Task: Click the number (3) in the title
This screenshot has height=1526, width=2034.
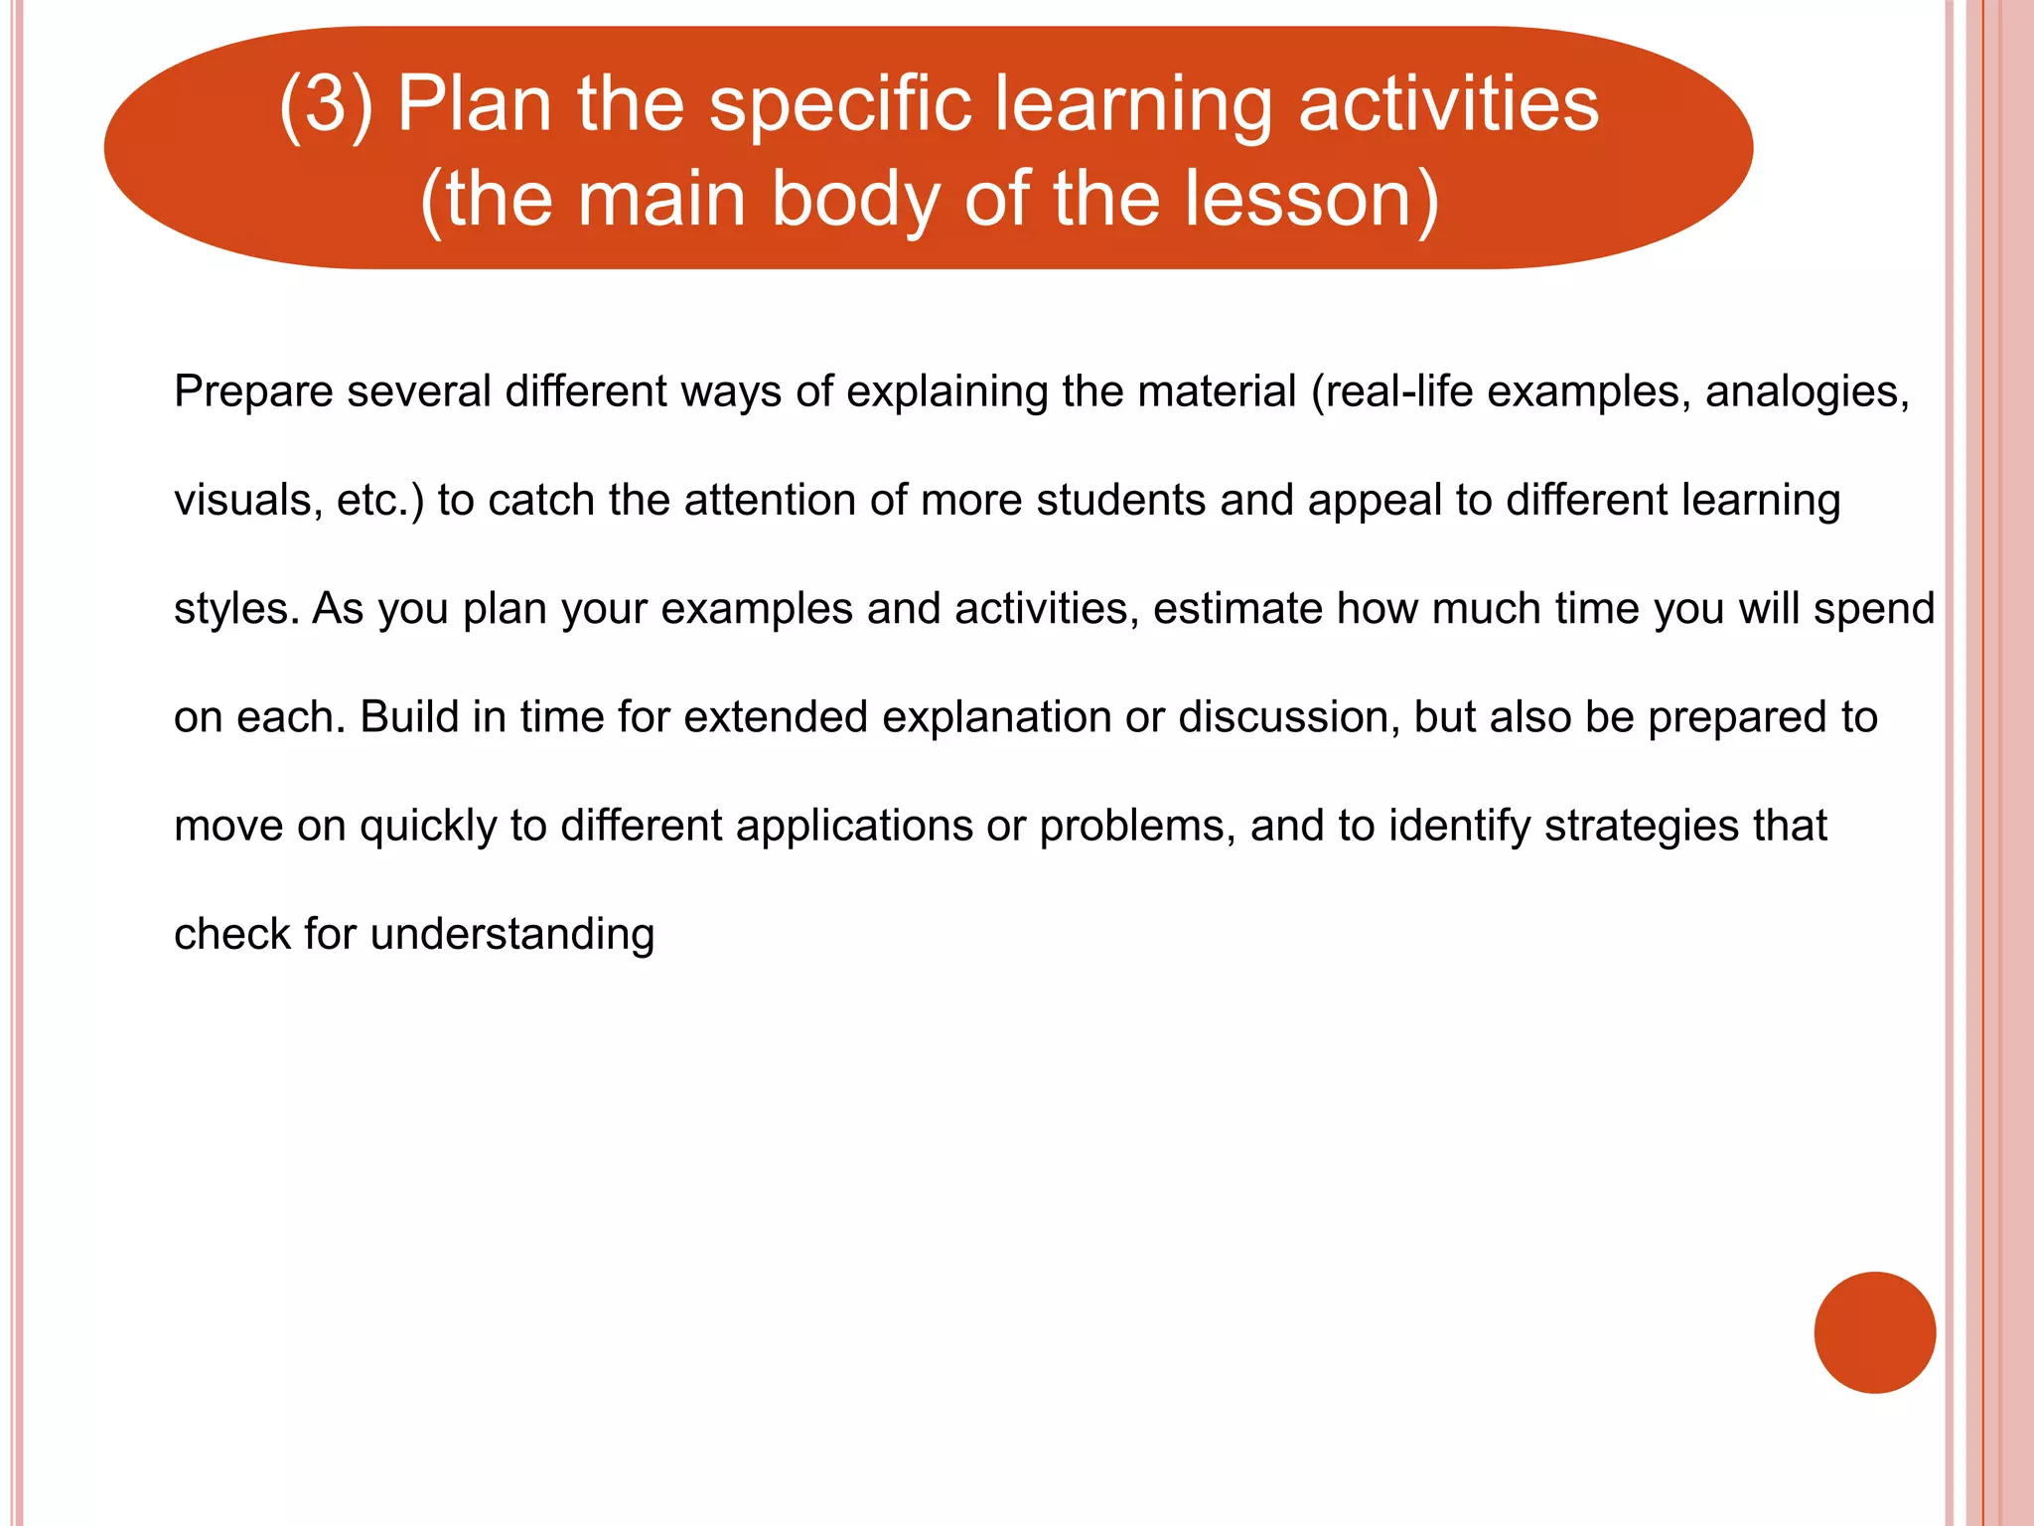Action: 326,105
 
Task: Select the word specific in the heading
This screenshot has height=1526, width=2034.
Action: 839,105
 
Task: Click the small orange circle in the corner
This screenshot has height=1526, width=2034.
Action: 1874,1332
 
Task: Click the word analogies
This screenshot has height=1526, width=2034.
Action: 1807,391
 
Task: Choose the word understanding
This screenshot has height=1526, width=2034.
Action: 511,935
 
